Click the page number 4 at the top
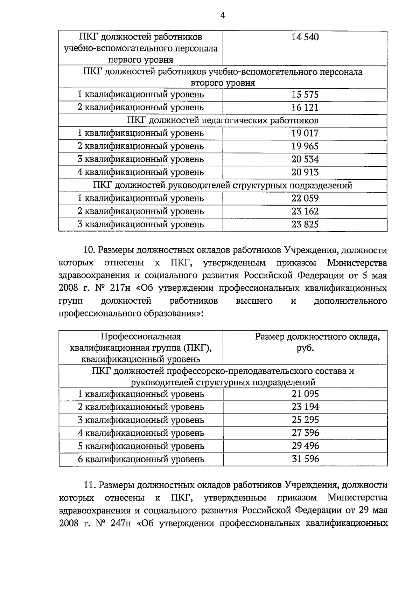[223, 15]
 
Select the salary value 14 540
[305, 37]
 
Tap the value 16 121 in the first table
[305, 108]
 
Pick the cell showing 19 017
[305, 133]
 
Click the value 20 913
[305, 172]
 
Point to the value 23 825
[305, 225]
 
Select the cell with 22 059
[305, 199]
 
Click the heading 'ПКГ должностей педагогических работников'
[223, 121]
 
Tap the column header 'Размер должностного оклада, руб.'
[317, 342]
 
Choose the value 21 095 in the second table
[305, 394]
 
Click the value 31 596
[305, 459]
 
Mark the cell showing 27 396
[305, 433]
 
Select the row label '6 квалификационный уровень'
[141, 459]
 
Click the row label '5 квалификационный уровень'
[141, 446]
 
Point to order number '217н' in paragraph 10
[119, 288]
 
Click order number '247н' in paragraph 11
[120, 524]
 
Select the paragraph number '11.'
[89, 485]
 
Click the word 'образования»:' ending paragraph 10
[179, 314]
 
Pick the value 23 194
[305, 407]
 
